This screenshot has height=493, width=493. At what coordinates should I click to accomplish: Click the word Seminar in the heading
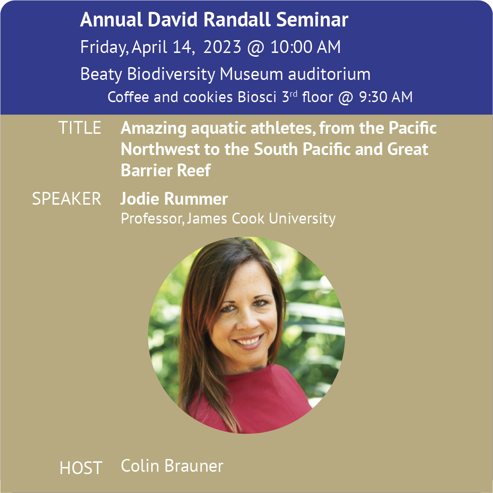click(312, 19)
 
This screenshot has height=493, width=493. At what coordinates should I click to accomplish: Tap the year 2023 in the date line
click(222, 47)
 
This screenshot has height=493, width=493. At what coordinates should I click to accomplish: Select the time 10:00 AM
click(306, 47)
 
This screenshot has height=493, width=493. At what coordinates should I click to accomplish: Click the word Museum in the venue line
click(251, 74)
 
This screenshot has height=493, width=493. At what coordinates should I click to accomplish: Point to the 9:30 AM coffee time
click(386, 97)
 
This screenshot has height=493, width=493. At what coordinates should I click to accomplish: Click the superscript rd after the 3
click(294, 95)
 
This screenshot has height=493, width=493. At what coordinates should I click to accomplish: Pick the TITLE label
click(80, 128)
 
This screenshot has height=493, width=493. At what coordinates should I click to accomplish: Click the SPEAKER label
click(67, 199)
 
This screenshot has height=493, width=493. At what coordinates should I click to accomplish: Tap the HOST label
click(81, 468)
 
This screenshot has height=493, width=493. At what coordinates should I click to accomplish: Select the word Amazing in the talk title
click(154, 129)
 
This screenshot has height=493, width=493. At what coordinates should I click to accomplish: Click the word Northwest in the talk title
click(160, 149)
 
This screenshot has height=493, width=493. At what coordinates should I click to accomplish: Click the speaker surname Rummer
click(196, 199)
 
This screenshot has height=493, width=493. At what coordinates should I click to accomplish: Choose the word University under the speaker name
click(302, 219)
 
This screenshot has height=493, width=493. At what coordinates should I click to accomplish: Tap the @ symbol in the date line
click(256, 47)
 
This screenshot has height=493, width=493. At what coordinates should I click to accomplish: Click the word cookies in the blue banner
click(208, 97)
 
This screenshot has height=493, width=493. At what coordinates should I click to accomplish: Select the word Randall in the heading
click(237, 19)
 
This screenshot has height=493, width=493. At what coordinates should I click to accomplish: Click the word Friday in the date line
click(104, 47)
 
